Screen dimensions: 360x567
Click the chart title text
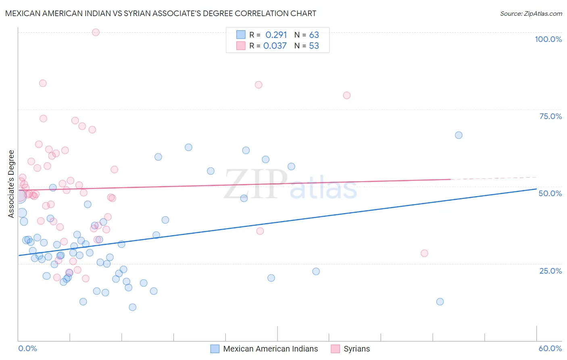coord(161,13)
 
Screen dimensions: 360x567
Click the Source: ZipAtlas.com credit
coord(531,13)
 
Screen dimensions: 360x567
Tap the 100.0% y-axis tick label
coord(548,39)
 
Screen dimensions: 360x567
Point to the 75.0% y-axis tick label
coord(550,116)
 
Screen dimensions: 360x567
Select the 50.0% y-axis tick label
coord(550,193)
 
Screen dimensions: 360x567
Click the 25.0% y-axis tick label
coord(550,271)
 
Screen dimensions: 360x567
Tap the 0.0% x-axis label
coord(27,348)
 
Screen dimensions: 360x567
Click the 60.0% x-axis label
coord(550,348)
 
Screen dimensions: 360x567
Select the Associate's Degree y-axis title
coord(11,184)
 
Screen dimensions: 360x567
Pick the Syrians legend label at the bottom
coord(356,349)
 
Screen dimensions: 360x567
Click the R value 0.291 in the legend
coord(276,35)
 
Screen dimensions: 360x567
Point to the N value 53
coord(314,46)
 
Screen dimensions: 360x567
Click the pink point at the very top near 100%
coord(96,32)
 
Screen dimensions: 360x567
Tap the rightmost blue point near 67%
coord(459,135)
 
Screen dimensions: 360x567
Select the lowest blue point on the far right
coord(440,301)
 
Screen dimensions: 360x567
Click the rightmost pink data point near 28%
coord(424,253)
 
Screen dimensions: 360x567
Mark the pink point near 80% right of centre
coord(347,96)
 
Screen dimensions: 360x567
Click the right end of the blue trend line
coord(536,189)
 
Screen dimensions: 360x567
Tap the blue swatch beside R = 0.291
coord(241,35)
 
